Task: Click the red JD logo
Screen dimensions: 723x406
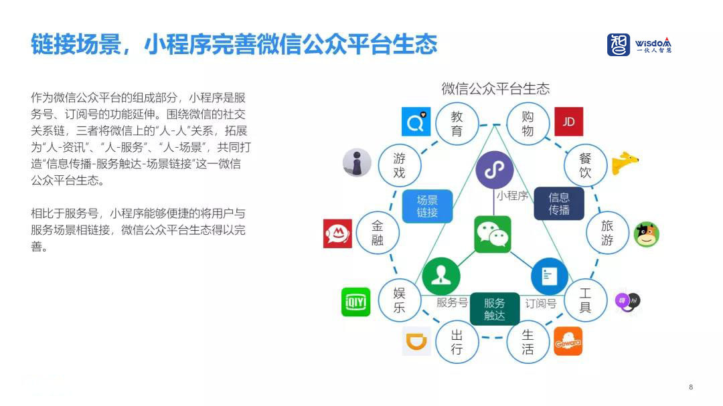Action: (x=568, y=122)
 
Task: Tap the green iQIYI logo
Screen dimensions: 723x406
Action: (x=355, y=302)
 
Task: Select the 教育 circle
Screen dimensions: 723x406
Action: (x=457, y=124)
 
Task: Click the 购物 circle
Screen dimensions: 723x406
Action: (x=528, y=124)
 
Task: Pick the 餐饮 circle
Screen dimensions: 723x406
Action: (x=585, y=166)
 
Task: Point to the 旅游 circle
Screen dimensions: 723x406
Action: (x=607, y=233)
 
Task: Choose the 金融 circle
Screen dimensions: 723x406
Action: (x=378, y=233)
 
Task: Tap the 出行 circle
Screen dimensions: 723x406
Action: (x=457, y=342)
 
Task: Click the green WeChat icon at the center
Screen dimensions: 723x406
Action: (x=493, y=234)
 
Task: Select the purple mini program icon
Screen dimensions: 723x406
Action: (x=494, y=170)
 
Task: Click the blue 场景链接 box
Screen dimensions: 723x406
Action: (x=427, y=206)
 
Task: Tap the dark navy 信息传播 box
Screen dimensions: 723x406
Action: (x=559, y=204)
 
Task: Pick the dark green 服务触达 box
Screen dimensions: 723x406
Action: (x=495, y=309)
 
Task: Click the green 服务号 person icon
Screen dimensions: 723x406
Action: (x=441, y=276)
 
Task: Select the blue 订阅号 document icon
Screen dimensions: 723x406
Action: (x=549, y=276)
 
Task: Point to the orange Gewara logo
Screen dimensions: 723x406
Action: (x=568, y=342)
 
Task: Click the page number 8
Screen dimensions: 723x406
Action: (x=691, y=387)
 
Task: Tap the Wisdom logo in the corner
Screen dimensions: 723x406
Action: (x=639, y=45)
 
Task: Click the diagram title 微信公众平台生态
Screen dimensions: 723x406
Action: (x=495, y=88)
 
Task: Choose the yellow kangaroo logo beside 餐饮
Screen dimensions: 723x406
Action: (x=625, y=163)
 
